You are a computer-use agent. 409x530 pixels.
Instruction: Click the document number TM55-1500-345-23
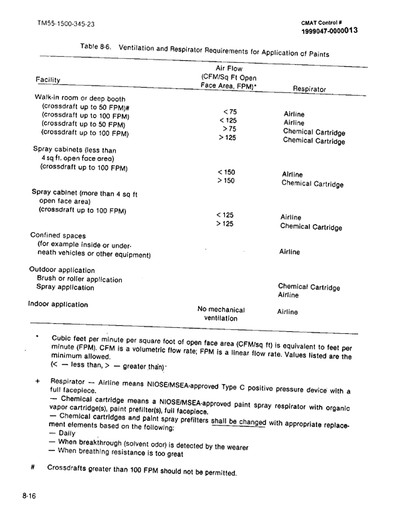65,25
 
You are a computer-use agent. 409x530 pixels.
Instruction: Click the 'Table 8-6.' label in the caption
98,49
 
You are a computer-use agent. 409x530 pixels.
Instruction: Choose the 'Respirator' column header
309,89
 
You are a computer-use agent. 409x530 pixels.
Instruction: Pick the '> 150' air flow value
226,181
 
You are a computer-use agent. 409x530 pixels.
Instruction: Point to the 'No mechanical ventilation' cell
221,314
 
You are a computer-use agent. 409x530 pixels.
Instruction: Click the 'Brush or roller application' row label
80,278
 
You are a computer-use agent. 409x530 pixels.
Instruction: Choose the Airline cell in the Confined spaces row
289,252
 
